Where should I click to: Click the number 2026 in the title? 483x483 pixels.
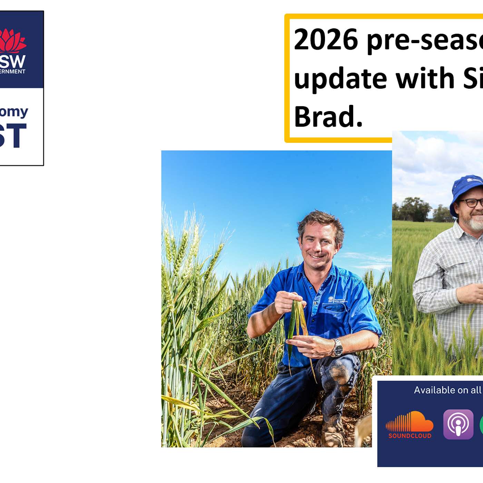coord(326,40)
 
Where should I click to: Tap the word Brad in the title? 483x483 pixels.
coord(328,117)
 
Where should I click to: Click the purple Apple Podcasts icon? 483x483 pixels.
coord(458,424)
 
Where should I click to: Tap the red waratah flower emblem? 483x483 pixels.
coord(12,41)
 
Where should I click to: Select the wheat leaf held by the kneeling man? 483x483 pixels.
coord(296,321)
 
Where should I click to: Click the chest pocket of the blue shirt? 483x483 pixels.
coord(334,314)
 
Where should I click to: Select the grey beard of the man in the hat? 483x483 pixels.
coord(477,224)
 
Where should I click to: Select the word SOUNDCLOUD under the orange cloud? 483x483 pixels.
coord(410,436)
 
